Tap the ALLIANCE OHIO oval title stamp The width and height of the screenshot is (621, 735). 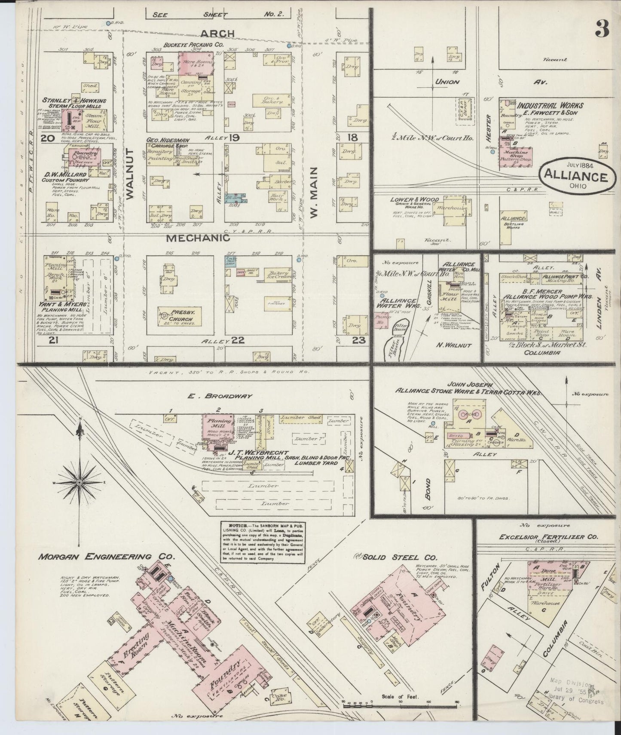[576, 177]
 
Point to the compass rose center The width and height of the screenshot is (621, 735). [80, 483]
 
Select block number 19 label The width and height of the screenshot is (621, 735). [234, 138]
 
